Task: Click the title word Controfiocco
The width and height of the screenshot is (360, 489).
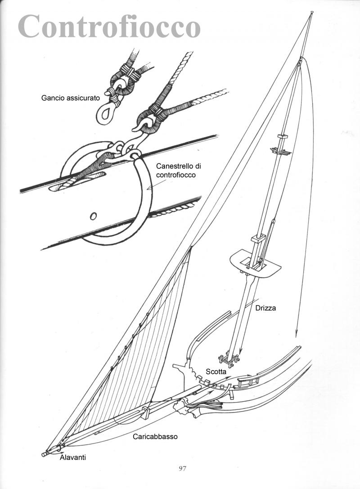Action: (109, 26)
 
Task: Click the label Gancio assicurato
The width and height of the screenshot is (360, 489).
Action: (71, 98)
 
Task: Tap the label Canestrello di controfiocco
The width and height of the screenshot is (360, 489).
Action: (179, 170)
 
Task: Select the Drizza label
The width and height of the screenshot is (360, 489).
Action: (265, 308)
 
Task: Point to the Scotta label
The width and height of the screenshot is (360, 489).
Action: (216, 372)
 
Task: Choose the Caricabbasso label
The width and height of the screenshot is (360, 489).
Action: (155, 436)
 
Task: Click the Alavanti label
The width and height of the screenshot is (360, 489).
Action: (73, 457)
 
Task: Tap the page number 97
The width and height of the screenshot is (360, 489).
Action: (183, 468)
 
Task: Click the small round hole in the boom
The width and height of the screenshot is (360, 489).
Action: (93, 215)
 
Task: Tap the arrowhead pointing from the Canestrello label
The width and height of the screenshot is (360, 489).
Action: (149, 188)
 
